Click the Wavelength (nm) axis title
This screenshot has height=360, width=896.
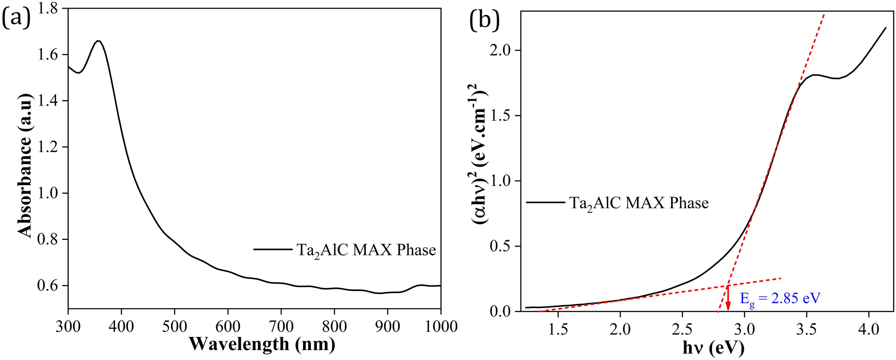[x=262, y=344]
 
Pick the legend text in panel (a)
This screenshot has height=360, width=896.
[x=366, y=250]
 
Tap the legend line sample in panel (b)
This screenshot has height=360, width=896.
[x=545, y=202]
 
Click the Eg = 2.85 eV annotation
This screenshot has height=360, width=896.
[x=780, y=298]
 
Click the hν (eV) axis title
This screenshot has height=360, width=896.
[x=713, y=348]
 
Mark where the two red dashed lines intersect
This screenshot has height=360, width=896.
[x=728, y=285]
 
